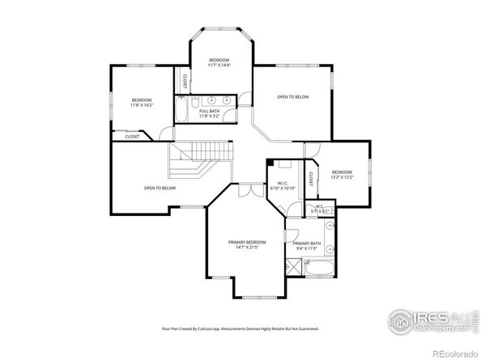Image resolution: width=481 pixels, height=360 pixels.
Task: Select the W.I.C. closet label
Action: click(x=283, y=183)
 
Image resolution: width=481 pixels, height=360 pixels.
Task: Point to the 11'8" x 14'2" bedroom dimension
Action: click(x=141, y=105)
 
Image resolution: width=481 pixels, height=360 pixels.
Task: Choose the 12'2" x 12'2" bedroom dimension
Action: click(x=341, y=177)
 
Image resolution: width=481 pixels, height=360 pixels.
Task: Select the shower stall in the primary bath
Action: click(x=293, y=266)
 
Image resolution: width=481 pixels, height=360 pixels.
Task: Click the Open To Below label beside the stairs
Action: click(x=160, y=188)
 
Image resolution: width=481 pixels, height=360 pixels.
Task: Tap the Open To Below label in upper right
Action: click(x=292, y=97)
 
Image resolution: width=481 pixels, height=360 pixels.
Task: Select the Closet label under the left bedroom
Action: click(x=132, y=137)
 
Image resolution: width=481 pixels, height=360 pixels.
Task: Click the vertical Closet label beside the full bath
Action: click(x=184, y=82)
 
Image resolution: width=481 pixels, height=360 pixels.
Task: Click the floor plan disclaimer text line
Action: click(x=240, y=328)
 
